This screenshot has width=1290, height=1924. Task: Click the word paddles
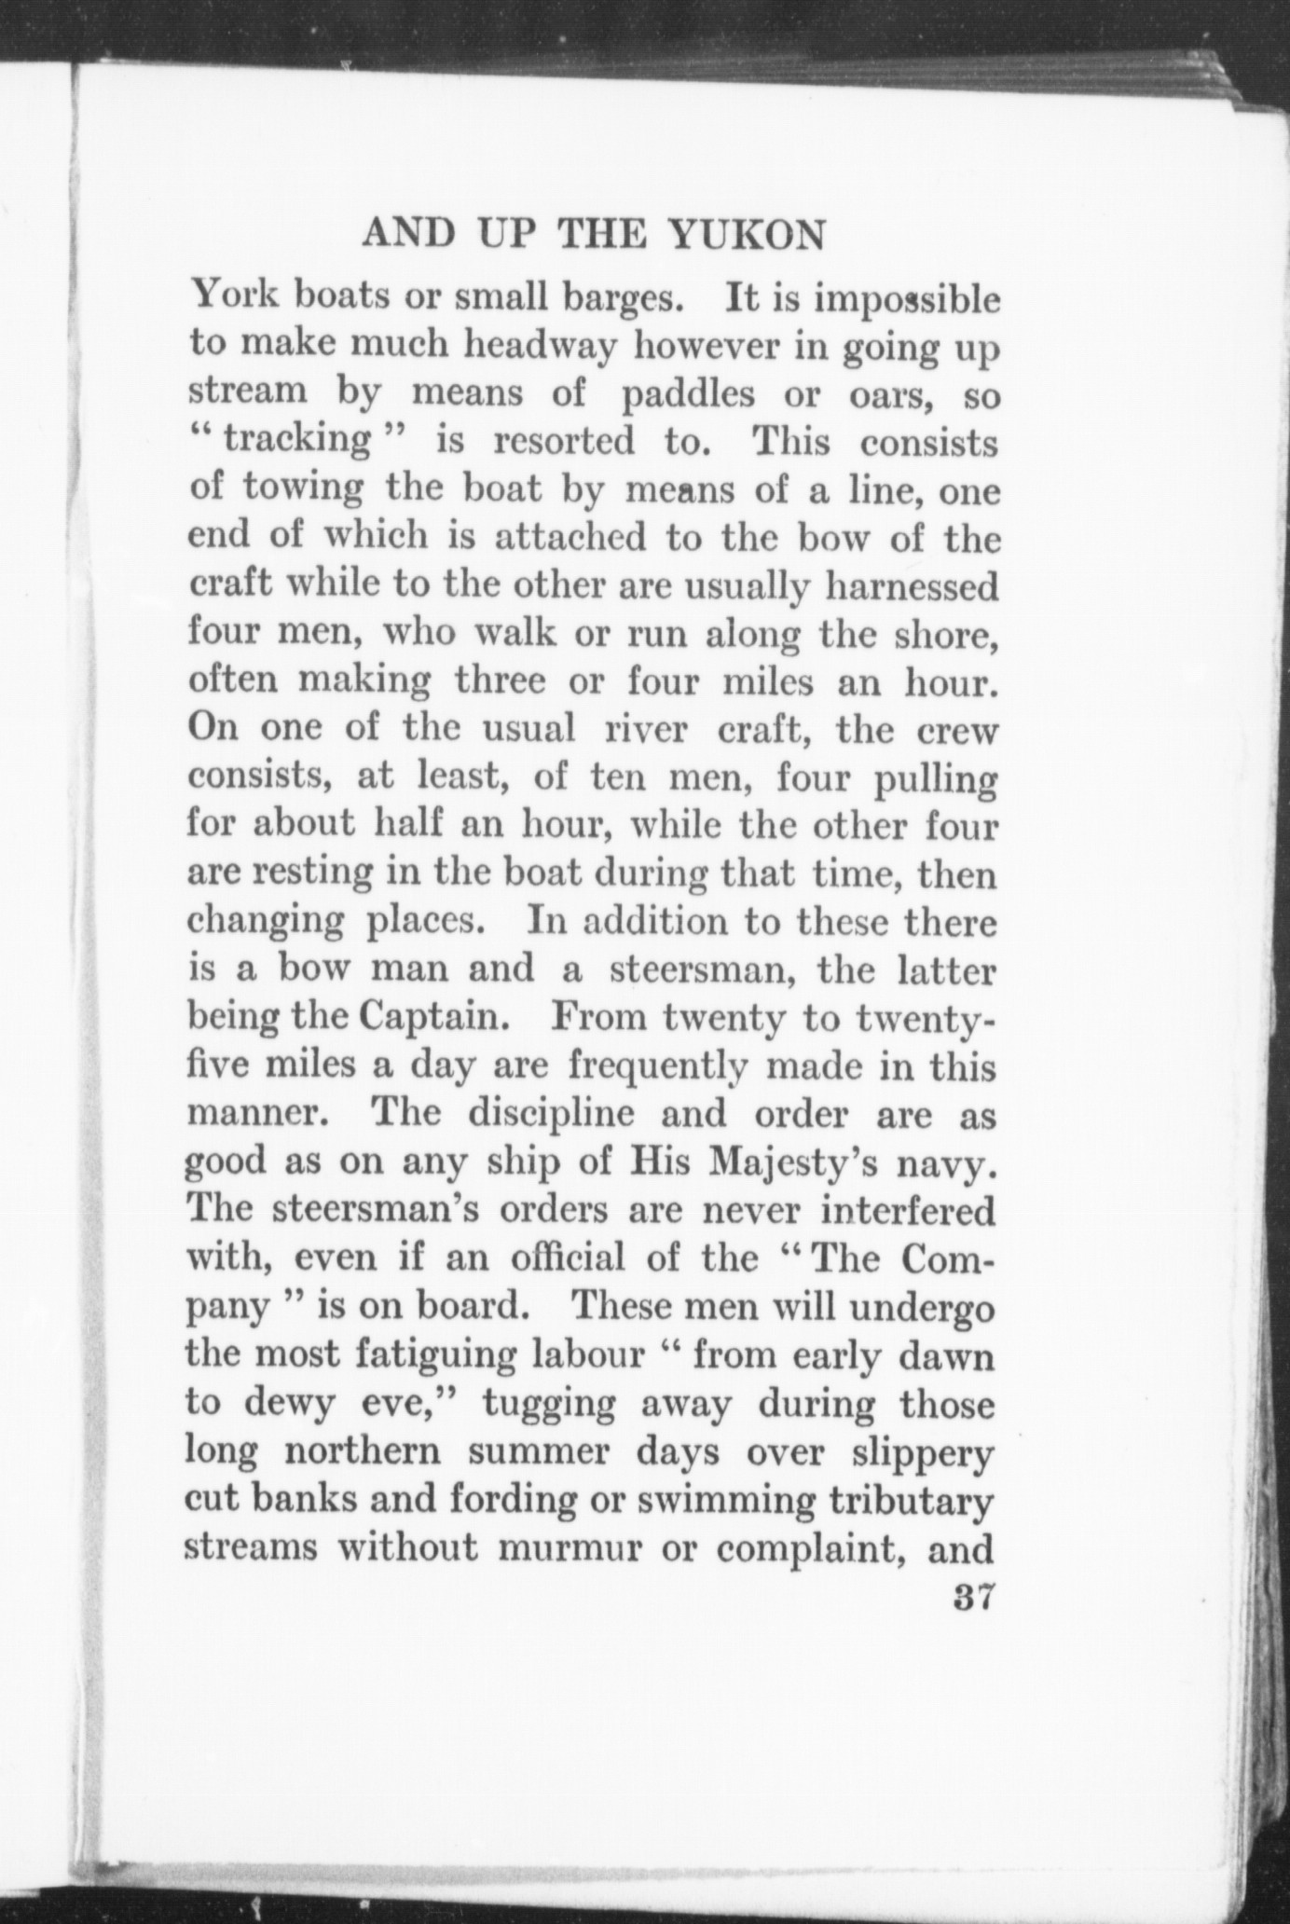pyautogui.click(x=688, y=395)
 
